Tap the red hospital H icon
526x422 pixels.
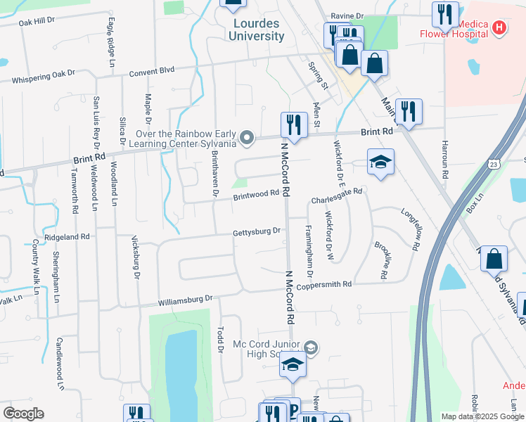(499, 28)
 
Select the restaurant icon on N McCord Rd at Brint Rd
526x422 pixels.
(293, 125)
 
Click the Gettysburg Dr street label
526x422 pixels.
(257, 231)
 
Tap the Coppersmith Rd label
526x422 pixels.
(323, 285)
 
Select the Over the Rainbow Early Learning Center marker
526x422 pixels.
(247, 138)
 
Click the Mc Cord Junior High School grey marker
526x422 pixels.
(311, 347)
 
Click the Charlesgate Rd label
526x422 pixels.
(336, 195)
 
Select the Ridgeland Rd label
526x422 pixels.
(68, 237)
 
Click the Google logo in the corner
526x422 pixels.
(23, 414)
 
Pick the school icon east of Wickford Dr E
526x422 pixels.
(380, 162)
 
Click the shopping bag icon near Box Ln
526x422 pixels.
(494, 259)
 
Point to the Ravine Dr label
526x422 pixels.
(349, 15)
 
